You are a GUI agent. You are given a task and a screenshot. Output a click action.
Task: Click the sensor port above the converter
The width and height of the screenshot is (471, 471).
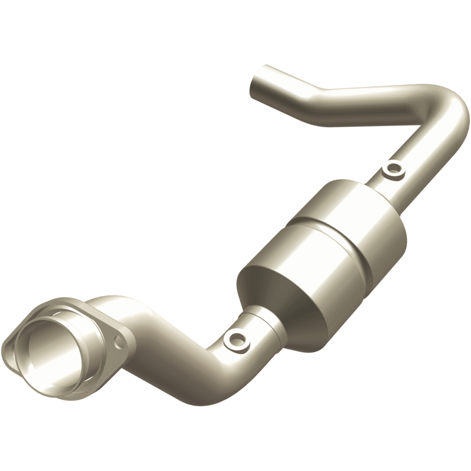coord(393,171)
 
